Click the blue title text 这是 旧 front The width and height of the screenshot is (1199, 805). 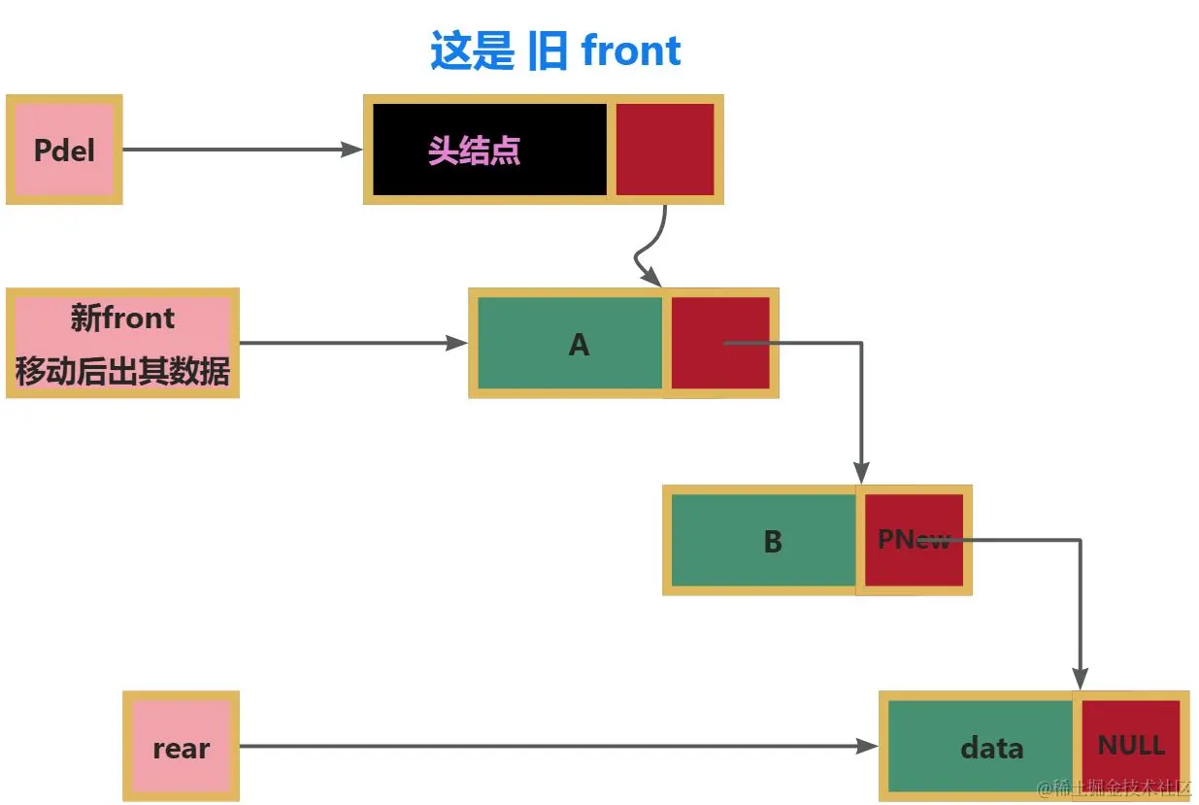555,51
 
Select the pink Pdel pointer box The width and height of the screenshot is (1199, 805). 64,150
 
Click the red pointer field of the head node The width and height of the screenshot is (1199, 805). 665,150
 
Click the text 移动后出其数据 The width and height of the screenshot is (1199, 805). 122,372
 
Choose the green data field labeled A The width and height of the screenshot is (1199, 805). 571,344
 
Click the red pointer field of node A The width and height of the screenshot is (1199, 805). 720,343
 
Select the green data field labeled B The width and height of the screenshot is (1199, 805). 765,541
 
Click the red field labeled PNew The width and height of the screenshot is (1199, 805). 913,541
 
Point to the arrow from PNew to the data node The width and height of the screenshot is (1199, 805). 1081,602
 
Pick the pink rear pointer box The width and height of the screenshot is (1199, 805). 181,747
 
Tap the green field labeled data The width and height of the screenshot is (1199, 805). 981,746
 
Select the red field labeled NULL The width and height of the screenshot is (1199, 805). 1130,744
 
